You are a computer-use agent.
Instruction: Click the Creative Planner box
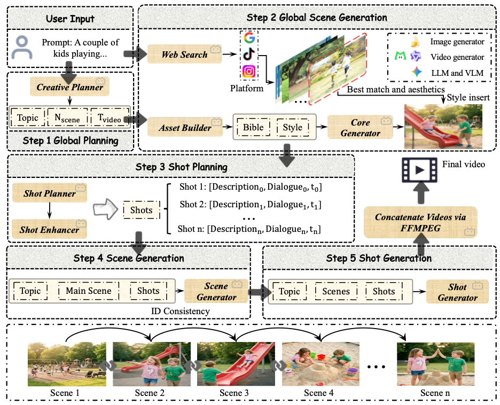click(x=70, y=87)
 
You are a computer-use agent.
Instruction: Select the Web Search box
click(x=185, y=54)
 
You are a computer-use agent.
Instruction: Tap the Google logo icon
click(x=248, y=38)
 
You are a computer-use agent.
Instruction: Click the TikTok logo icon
click(x=248, y=54)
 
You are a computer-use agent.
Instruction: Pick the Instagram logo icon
click(x=248, y=71)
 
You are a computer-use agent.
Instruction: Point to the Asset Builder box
click(x=185, y=127)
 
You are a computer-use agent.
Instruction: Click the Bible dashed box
click(x=253, y=127)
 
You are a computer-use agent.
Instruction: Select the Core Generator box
click(x=361, y=128)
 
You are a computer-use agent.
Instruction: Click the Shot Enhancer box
click(x=49, y=230)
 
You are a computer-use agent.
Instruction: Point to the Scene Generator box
click(x=216, y=291)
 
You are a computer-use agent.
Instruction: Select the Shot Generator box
click(x=457, y=292)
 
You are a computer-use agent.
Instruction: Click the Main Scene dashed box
click(x=89, y=291)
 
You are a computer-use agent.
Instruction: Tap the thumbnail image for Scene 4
click(x=319, y=364)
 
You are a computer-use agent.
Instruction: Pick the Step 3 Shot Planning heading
click(x=181, y=167)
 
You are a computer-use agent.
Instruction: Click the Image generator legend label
click(x=457, y=41)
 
